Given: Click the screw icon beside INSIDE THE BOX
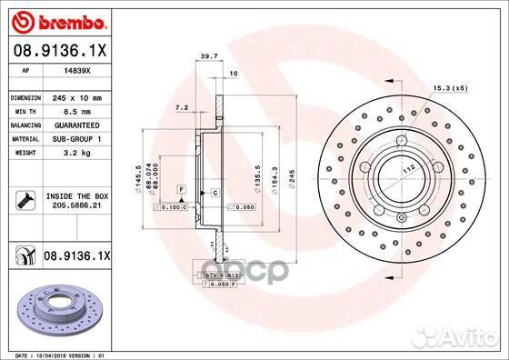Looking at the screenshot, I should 24,200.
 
